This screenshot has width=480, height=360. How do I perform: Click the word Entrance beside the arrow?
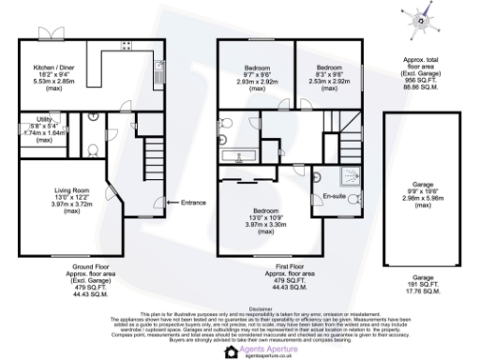(193, 202)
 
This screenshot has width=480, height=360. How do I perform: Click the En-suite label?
(335, 195)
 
